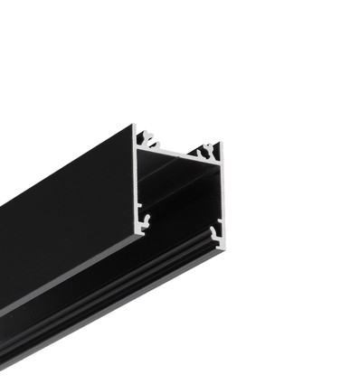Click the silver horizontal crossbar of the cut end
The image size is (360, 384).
pyautogui.click(x=180, y=153)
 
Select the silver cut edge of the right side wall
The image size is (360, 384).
pyautogui.click(x=219, y=194)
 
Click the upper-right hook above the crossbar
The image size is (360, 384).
pyautogui.click(x=208, y=148)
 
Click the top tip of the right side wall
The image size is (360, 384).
pyautogui.click(x=219, y=143)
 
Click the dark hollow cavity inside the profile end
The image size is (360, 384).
pyautogui.click(x=179, y=194)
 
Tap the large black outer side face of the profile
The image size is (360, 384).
pyautogui.click(x=63, y=226)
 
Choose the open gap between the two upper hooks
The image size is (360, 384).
pyautogui.click(x=179, y=144)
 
